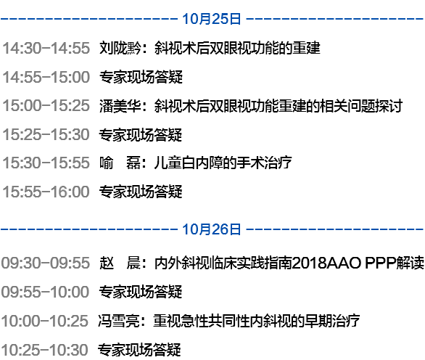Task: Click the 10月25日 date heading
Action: pyautogui.click(x=212, y=19)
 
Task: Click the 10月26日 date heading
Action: pyautogui.click(x=212, y=229)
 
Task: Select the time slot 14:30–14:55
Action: pyautogui.click(x=46, y=48)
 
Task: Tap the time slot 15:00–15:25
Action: pyautogui.click(x=46, y=105)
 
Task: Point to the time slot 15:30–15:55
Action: pyautogui.click(x=46, y=163)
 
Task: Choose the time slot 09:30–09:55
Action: pyautogui.click(x=45, y=263)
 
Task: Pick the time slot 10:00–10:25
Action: pyautogui.click(x=45, y=321)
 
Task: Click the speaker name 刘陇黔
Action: pyautogui.click(x=120, y=48)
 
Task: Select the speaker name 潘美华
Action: pyautogui.click(x=120, y=105)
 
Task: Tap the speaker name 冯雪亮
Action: pyautogui.click(x=119, y=321)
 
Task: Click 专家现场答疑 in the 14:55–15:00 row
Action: pyautogui.click(x=141, y=77)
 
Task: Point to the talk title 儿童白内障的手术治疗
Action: pyautogui.click(x=223, y=163)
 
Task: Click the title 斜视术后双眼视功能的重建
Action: pyautogui.click(x=237, y=48)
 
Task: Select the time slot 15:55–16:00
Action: pyautogui.click(x=46, y=192)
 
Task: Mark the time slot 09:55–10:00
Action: pyautogui.click(x=45, y=292)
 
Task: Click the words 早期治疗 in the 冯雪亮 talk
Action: pyautogui.click(x=332, y=321)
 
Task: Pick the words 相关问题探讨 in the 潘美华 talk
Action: pyautogui.click(x=361, y=105)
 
